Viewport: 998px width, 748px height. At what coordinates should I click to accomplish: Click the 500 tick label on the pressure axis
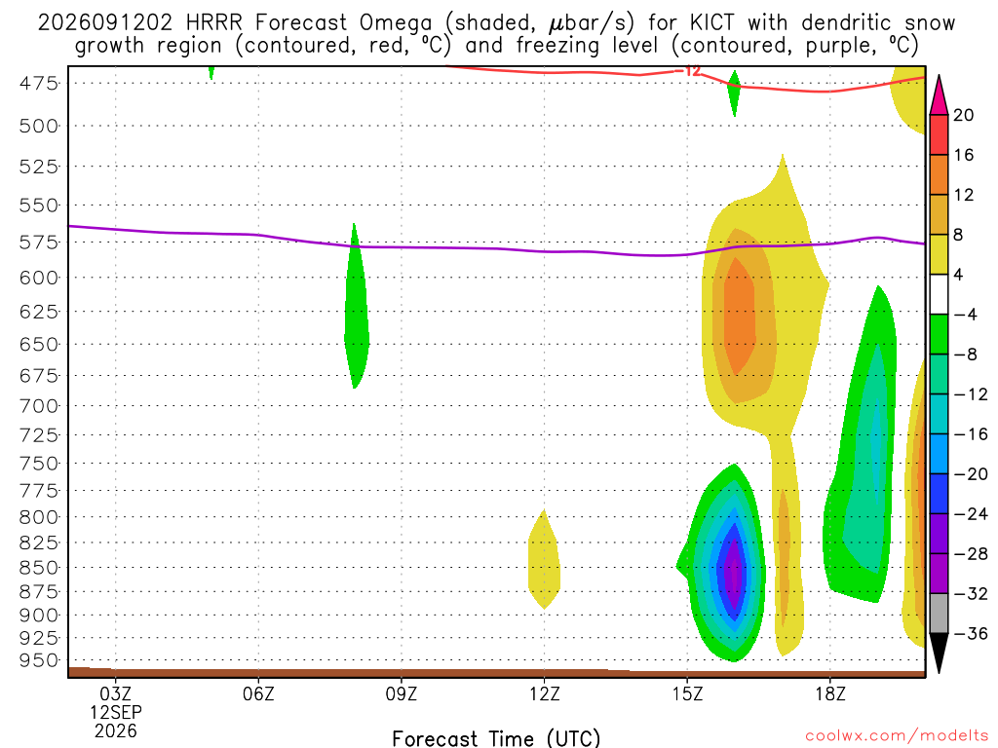coord(39,126)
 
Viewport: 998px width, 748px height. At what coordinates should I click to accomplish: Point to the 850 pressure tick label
coord(39,568)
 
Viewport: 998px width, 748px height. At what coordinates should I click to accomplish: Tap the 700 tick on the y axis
coord(39,406)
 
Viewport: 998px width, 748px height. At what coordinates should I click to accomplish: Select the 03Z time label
coord(115,693)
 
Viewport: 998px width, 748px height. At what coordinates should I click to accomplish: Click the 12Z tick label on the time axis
coord(544,693)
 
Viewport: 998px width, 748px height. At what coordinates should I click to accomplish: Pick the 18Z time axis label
coord(830,693)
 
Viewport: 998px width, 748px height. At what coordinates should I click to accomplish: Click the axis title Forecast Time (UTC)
coord(496,738)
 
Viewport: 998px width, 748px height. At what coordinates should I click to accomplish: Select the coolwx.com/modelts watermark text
coord(897,736)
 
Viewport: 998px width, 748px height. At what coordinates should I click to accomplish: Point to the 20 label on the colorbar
coord(964,115)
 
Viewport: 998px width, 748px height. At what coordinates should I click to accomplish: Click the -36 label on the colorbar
coord(970,633)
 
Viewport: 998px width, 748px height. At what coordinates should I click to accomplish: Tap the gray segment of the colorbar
coord(939,614)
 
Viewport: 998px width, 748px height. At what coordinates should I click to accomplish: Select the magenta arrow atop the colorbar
coord(939,95)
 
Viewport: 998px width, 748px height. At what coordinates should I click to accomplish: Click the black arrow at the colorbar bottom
coord(939,653)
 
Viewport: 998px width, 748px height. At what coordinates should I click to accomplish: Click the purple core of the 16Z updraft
coord(735,568)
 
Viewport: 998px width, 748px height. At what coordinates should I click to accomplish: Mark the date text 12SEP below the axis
coord(115,712)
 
